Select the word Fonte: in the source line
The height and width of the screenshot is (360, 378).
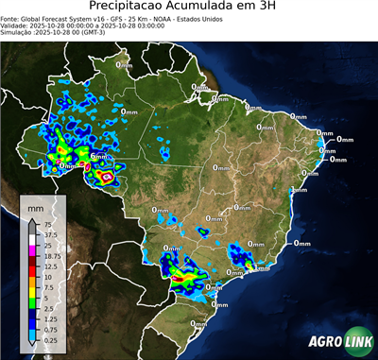tap(11, 19)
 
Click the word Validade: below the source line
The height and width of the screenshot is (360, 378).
tap(17, 26)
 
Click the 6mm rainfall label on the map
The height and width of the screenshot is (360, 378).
tap(98, 156)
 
